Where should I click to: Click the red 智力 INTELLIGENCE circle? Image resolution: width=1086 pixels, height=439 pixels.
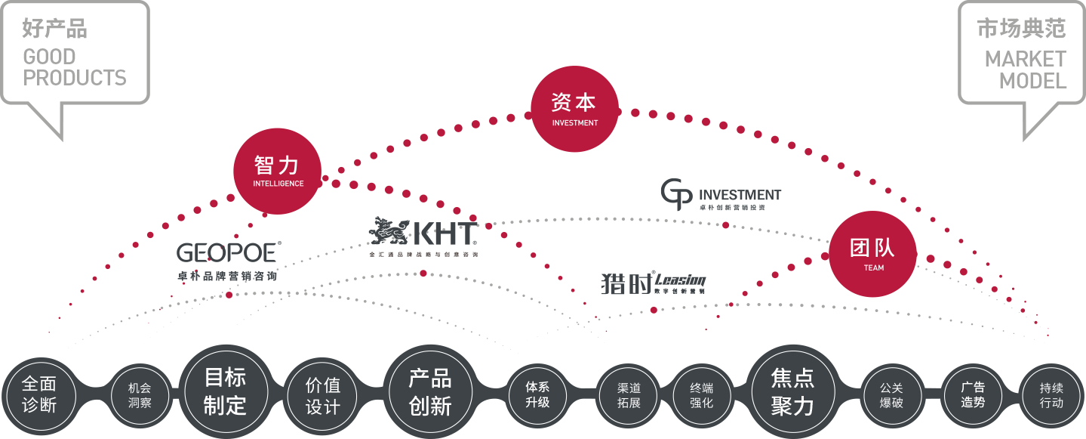(278, 170)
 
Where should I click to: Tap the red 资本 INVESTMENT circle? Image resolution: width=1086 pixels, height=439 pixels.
(574, 109)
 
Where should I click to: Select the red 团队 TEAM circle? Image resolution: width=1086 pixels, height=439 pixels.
(872, 253)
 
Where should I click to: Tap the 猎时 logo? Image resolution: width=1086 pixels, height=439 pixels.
(653, 283)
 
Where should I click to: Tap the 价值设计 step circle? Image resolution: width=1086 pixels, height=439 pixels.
(322, 394)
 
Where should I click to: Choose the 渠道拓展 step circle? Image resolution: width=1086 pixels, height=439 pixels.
(628, 394)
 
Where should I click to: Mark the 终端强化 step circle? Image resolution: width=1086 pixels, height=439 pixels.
(701, 394)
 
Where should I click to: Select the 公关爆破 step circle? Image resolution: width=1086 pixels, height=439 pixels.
(891, 394)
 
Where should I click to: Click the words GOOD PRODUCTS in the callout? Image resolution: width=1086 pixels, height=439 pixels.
(75, 67)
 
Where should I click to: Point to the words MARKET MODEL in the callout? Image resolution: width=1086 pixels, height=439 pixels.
(1025, 70)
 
